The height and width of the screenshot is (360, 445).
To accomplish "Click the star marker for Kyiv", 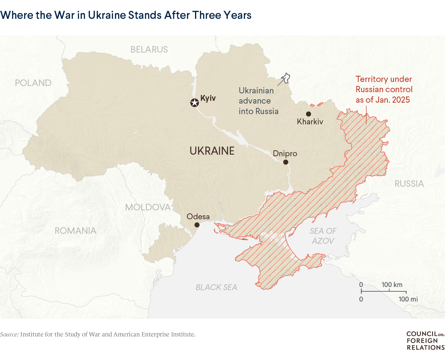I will point(194,103).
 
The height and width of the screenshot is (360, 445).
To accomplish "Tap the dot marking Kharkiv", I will point(308,114).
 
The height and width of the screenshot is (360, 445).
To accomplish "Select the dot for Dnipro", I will point(286,162).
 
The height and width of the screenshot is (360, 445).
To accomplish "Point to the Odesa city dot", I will point(197,225).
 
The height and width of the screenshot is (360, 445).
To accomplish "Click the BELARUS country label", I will point(149,49).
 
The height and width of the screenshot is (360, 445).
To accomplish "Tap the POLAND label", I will point(33,83).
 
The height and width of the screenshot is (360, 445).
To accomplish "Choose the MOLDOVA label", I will point(148,207).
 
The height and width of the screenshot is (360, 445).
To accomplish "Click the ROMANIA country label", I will point(75,231).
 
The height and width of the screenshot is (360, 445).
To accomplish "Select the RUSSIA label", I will point(409,184).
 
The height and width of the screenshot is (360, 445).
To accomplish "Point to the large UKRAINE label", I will point(212,151).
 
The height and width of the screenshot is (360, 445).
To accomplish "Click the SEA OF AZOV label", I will point(323,236).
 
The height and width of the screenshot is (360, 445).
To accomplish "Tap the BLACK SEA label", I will point(216,287).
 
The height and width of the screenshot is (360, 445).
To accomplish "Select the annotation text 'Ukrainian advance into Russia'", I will point(258,101).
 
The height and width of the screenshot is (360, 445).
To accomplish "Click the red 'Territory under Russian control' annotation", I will point(384,89).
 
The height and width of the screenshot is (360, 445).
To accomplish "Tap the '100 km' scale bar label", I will point(392,285).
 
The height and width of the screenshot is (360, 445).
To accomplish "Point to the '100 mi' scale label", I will point(408,299).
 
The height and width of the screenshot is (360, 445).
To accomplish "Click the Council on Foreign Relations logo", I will point(425,341).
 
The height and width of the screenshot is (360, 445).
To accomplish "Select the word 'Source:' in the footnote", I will point(9,334).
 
